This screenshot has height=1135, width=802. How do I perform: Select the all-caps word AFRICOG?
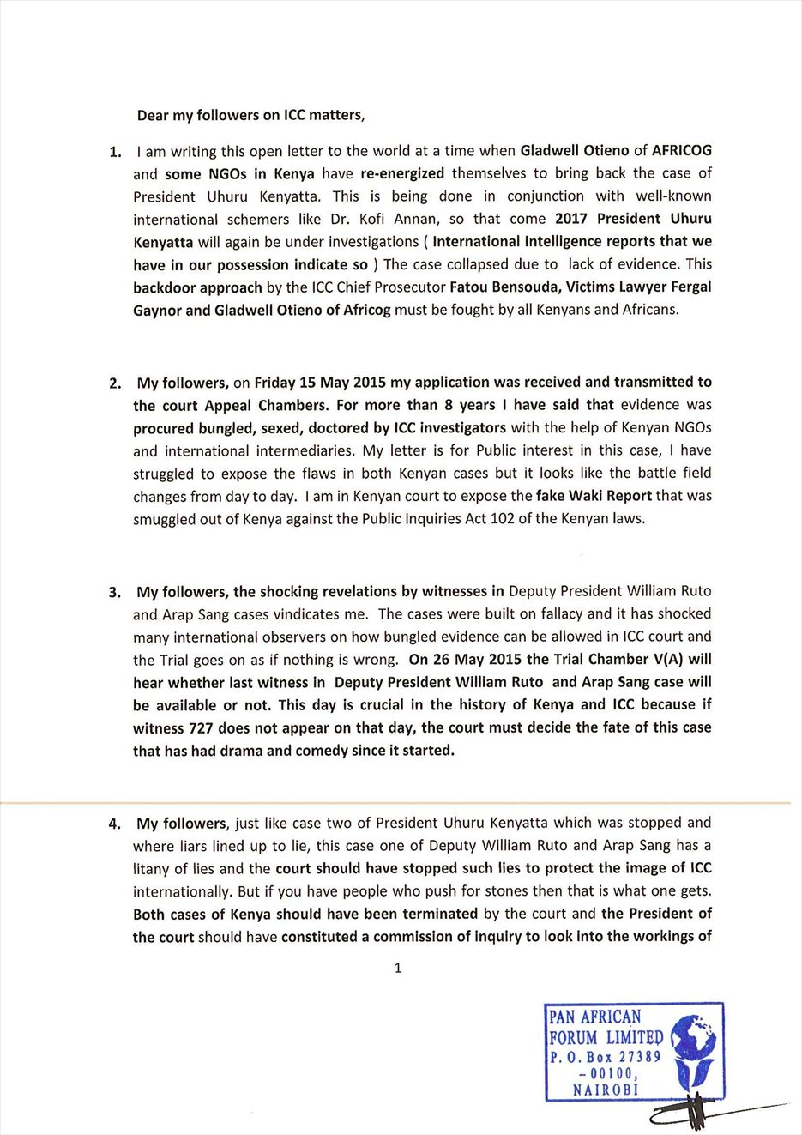tap(682, 150)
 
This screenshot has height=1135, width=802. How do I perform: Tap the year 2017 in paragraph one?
tap(571, 219)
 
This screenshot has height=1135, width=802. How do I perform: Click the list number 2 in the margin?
tap(115, 383)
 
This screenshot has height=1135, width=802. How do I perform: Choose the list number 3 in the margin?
tap(115, 593)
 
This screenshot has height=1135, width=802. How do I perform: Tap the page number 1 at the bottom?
tap(397, 969)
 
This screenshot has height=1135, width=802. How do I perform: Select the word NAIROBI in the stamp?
tap(606, 1090)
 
